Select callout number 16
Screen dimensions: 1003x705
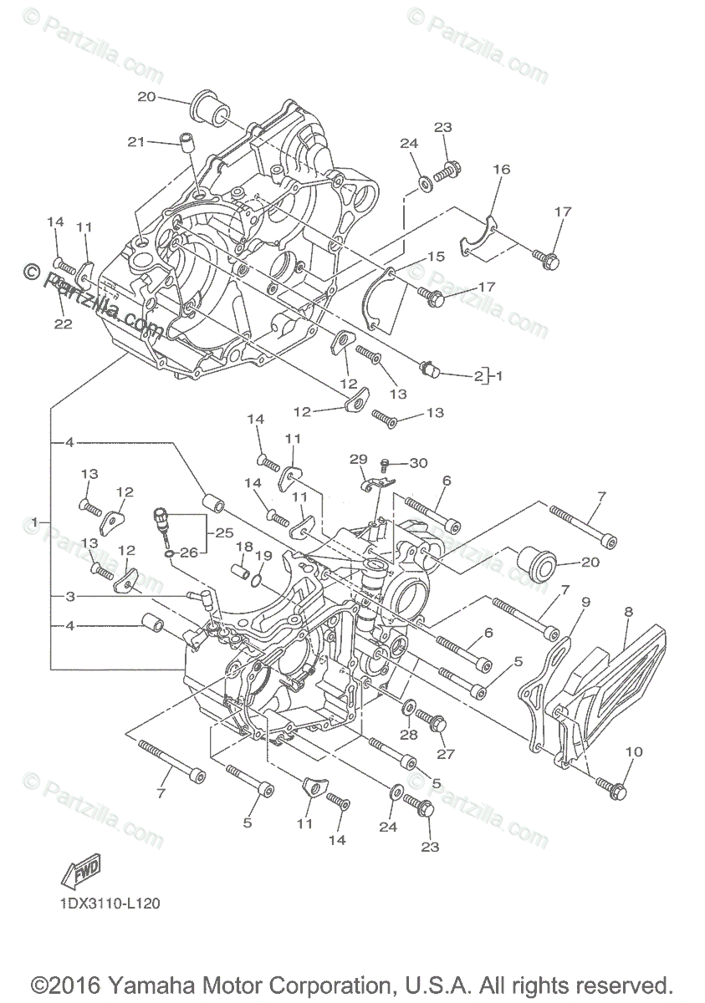501,170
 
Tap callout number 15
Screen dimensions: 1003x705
437,257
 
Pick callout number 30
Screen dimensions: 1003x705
418,463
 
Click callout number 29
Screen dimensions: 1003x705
358,460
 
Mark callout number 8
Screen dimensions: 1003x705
628,611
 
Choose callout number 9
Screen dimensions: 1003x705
585,601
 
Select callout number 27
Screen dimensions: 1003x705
445,754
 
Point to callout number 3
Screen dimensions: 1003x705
71,596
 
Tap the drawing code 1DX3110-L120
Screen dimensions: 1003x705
110,904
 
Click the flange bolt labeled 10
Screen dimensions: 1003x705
610,787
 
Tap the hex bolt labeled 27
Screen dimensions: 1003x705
433,722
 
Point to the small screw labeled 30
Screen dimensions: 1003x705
386,463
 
